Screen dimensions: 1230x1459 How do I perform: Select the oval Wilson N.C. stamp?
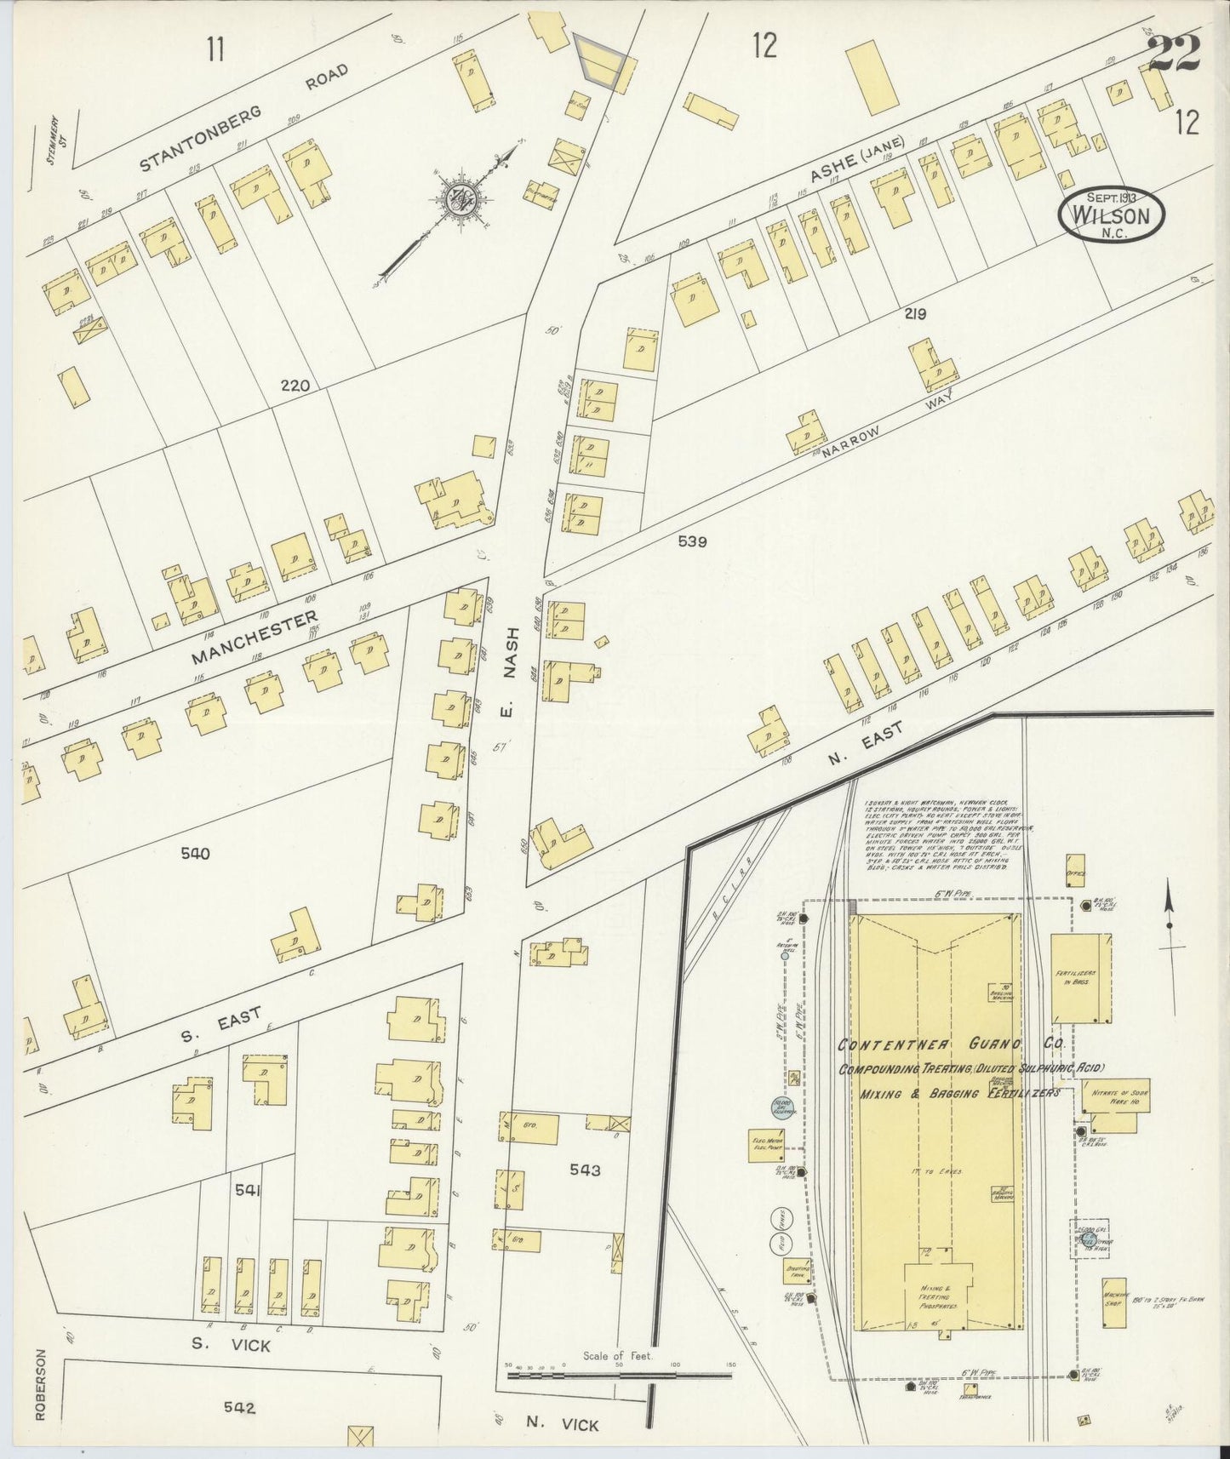[x=1112, y=215]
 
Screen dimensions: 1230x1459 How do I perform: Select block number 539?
[x=693, y=541]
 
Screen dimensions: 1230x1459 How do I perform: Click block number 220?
[x=295, y=386]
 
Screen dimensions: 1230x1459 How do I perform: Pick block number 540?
[x=195, y=854]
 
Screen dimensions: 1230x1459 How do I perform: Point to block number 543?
[x=586, y=1170]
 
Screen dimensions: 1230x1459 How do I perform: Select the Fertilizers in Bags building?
[x=1080, y=978]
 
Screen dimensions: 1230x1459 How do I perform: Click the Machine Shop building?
[x=1114, y=1325]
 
